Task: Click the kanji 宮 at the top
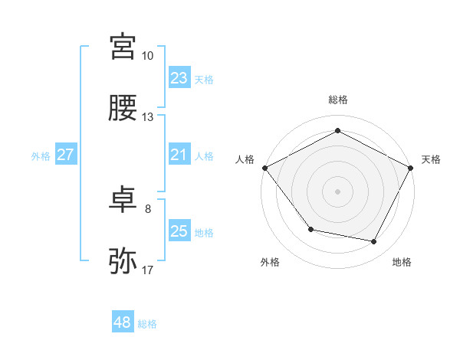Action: (123, 47)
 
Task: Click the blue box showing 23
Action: (179, 78)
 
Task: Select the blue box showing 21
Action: (179, 155)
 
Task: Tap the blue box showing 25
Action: (179, 231)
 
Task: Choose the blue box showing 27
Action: (65, 155)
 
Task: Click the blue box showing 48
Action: (122, 322)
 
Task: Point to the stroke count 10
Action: (147, 56)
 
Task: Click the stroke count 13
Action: (147, 117)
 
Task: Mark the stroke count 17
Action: (147, 270)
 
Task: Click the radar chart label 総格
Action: (337, 100)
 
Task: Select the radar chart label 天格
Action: (431, 159)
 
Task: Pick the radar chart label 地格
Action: (402, 262)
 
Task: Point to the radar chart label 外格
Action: (270, 262)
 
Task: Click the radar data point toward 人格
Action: (264, 167)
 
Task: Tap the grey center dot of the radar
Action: (337, 191)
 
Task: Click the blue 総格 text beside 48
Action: (147, 324)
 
